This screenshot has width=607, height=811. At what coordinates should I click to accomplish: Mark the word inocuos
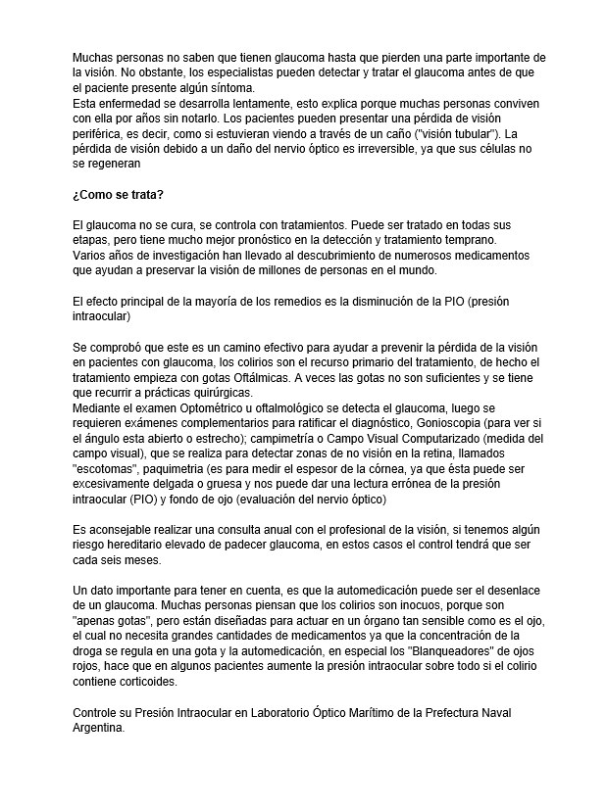pyautogui.click(x=418, y=606)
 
